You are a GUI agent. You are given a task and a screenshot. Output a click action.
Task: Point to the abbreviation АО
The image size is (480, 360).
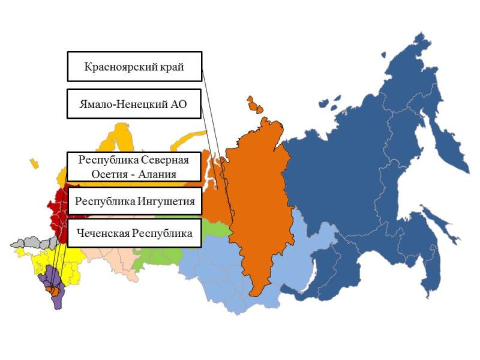(x=177, y=104)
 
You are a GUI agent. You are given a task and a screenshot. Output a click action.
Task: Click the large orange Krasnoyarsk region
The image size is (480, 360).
(x=258, y=204)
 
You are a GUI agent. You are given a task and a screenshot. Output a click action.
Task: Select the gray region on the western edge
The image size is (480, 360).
(x=33, y=242)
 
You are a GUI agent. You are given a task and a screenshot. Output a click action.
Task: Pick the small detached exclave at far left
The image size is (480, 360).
(x=34, y=163)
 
